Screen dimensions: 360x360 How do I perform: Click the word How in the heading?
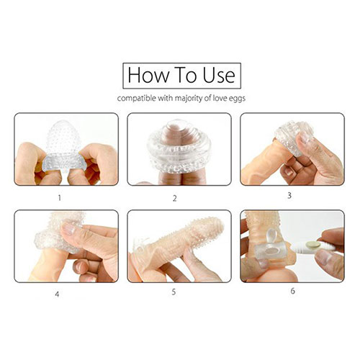pos(148,75)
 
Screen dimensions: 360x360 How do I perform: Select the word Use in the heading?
pos(219,75)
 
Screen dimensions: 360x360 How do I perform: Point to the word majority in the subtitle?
pos(189,99)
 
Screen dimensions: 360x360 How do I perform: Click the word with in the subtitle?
pos(166,98)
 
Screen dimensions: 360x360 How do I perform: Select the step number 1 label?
pos(60,198)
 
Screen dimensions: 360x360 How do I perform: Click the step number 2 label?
pos(175,198)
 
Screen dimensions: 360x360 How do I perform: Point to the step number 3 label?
pos(289,196)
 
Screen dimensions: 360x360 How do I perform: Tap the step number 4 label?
pos(57,294)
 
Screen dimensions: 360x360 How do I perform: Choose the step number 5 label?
pos(174,292)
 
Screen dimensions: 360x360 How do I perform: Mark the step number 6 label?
pos(292,291)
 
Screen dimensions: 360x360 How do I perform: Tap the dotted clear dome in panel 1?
pos(63,138)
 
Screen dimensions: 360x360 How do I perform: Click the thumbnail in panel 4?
pos(69,228)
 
